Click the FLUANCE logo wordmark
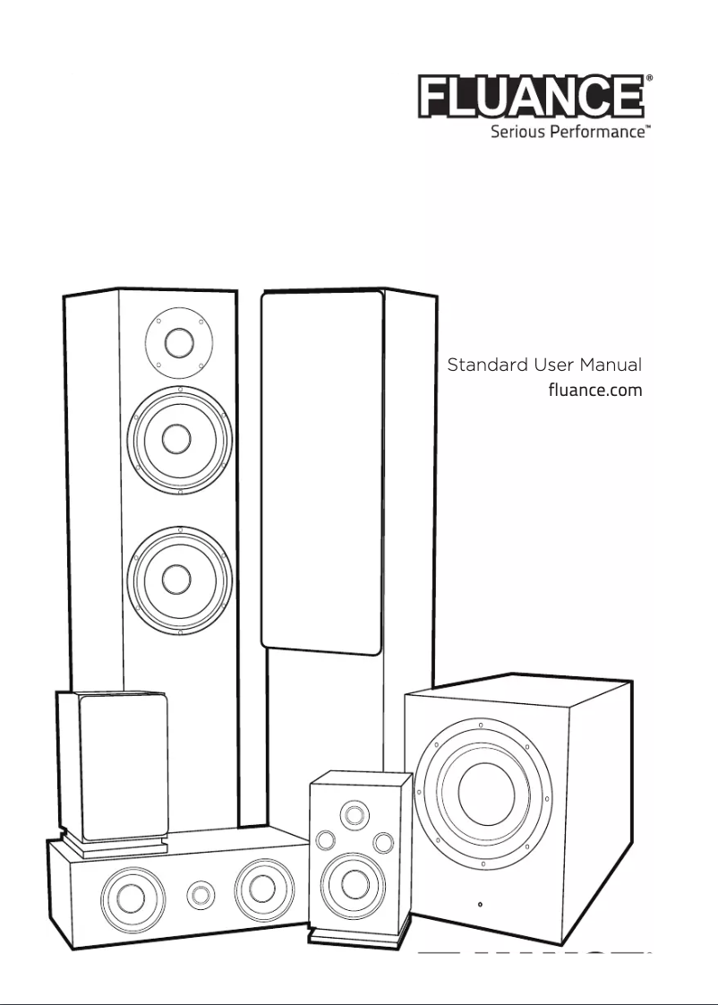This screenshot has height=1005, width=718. [532, 98]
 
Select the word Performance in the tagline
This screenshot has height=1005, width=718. [600, 133]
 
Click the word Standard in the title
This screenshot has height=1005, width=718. [487, 365]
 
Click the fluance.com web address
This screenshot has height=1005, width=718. [594, 391]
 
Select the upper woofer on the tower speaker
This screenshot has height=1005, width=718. [179, 439]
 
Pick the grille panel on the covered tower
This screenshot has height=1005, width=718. [322, 470]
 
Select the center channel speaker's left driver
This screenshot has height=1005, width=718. [132, 894]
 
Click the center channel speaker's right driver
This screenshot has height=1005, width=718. [262, 889]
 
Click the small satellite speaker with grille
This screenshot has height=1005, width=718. [113, 761]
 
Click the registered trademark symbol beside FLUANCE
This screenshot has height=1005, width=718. [649, 80]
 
